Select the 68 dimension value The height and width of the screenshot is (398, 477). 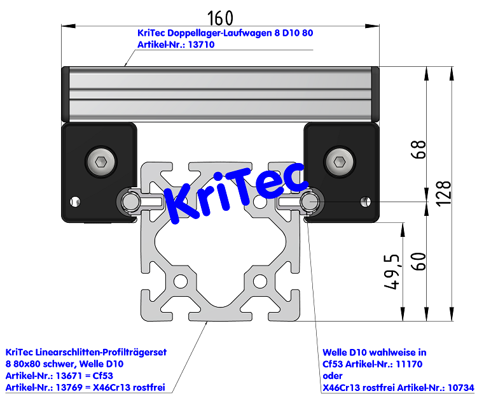tap(417, 150)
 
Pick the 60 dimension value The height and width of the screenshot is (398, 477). tap(418, 261)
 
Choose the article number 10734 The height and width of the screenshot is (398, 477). tap(457, 387)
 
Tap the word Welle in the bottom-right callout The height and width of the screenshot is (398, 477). tap(336, 352)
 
